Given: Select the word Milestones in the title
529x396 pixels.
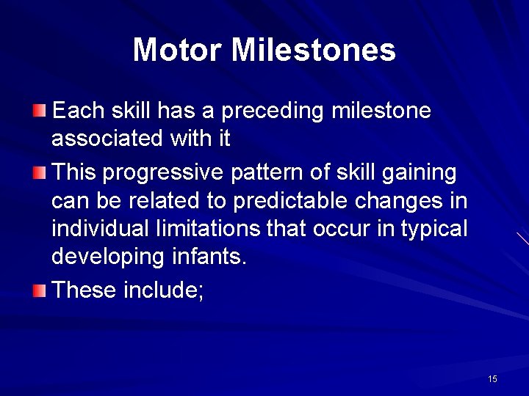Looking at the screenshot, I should tap(314, 50).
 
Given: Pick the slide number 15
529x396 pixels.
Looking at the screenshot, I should tap(492, 378).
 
